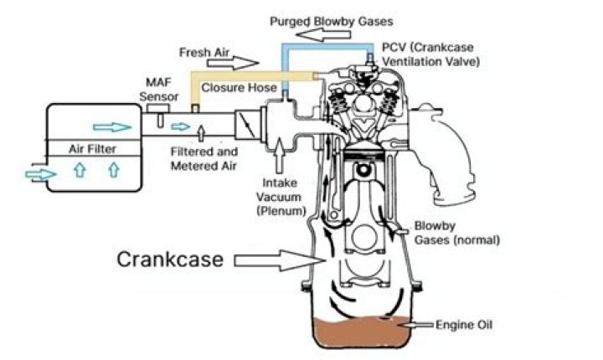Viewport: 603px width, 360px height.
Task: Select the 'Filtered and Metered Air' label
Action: coord(204,157)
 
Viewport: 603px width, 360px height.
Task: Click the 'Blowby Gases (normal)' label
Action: coord(456,233)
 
